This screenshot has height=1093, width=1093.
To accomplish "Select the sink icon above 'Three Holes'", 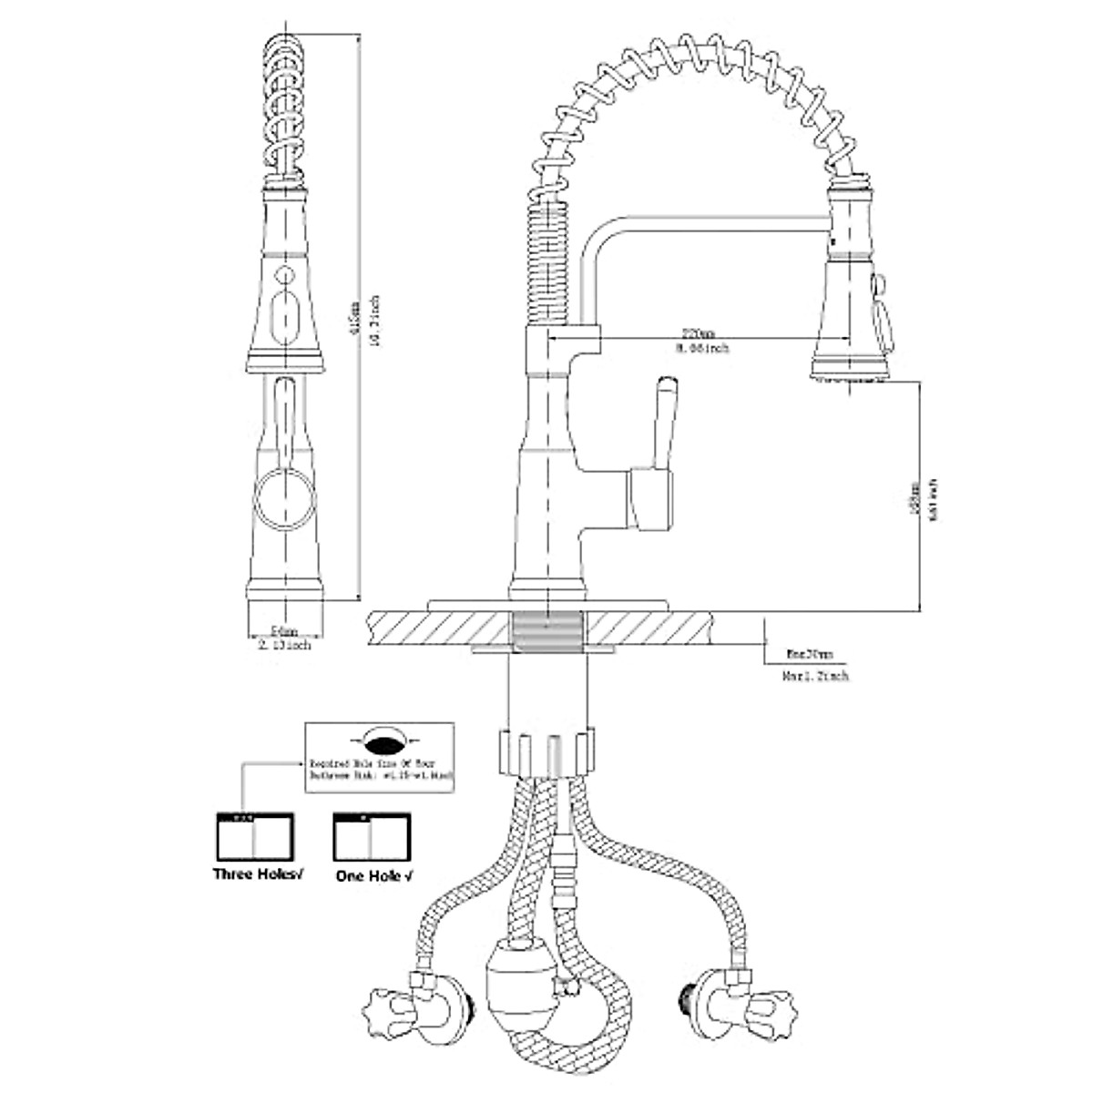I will coord(253,834).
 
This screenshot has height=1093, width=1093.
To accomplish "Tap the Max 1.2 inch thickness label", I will coord(815,677).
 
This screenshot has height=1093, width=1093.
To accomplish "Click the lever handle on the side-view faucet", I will coord(663,428).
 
